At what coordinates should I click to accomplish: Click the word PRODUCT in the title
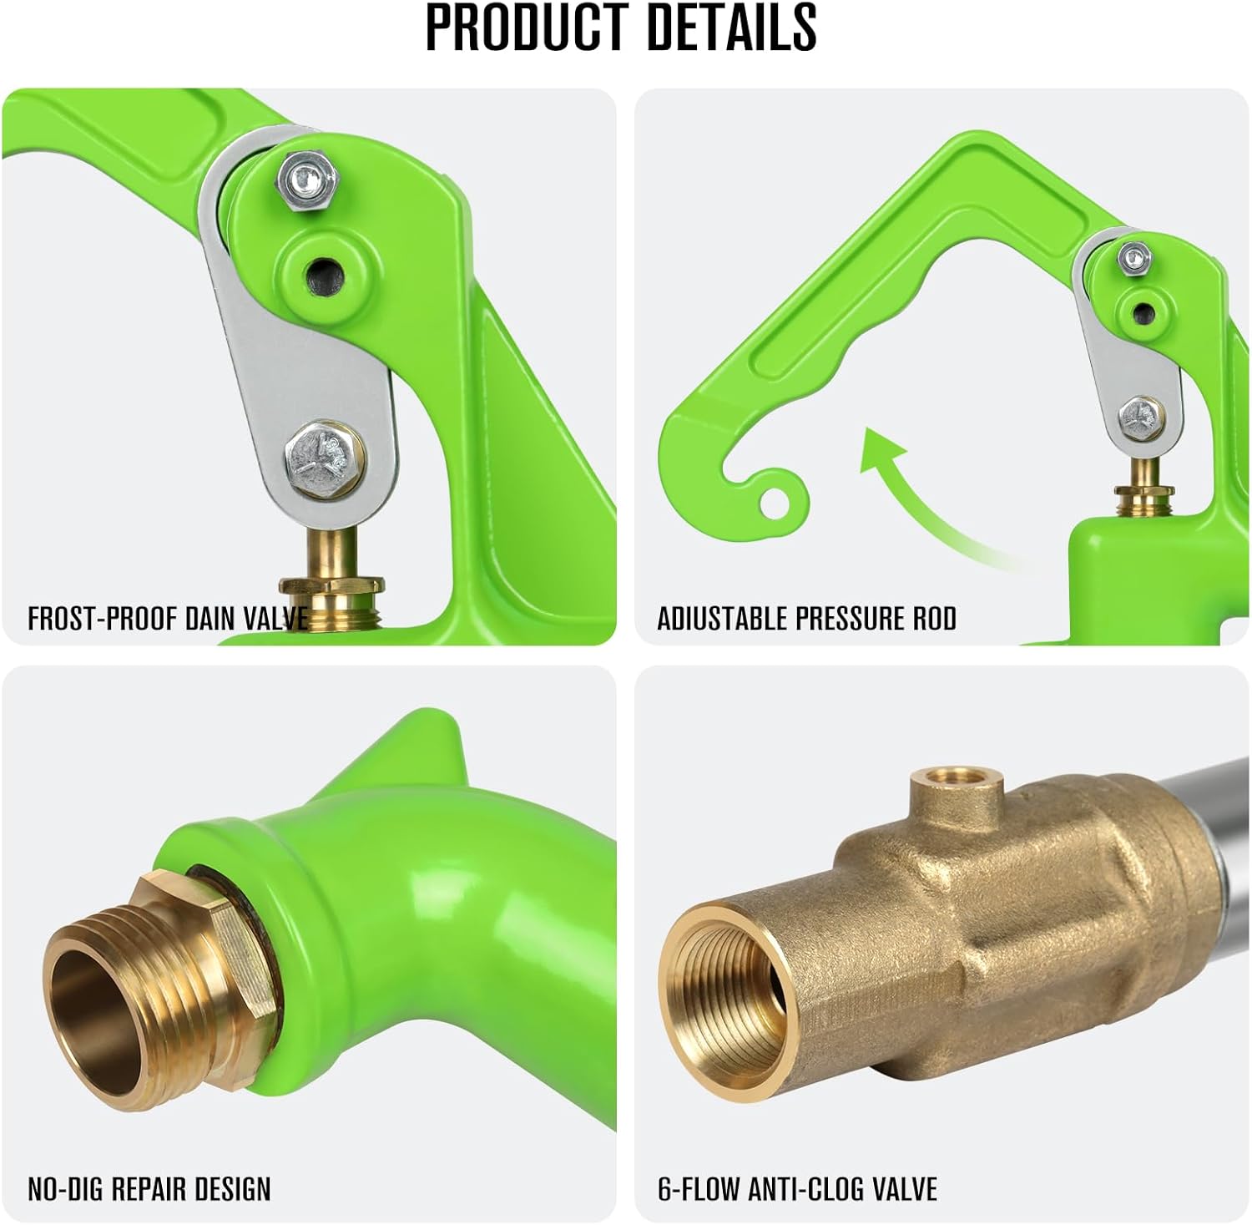tap(526, 28)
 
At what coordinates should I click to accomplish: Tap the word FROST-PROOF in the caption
tap(103, 619)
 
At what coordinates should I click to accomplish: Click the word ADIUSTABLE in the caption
tap(722, 619)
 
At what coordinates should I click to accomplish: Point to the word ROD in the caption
tap(931, 619)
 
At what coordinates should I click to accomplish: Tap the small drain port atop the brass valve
tap(946, 780)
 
